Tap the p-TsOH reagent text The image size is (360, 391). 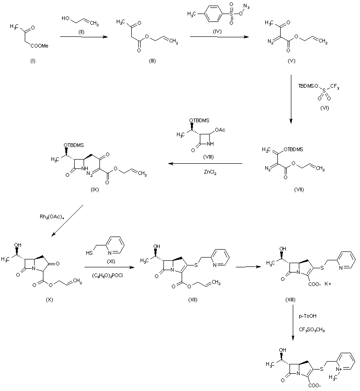[306, 316]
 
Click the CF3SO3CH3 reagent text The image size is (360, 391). [311, 329]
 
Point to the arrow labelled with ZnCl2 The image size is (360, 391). [206, 164]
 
